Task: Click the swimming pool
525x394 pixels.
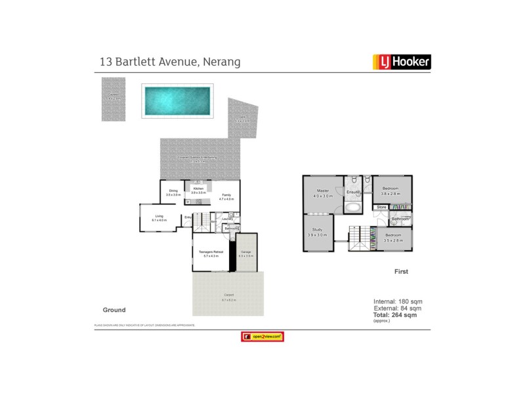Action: click(178, 100)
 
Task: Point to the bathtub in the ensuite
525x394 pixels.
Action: click(353, 208)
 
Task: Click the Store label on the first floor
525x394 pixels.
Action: click(381, 208)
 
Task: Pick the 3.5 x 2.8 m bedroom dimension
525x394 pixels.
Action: click(392, 240)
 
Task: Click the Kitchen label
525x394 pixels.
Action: click(198, 188)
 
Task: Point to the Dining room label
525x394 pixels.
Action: click(173, 191)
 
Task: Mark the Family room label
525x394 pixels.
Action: click(226, 195)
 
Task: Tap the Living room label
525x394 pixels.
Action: click(159, 216)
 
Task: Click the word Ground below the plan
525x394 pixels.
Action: click(114, 309)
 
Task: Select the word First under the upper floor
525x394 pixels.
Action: click(401, 271)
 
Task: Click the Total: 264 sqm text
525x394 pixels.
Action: click(394, 315)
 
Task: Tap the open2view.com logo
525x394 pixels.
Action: click(262, 336)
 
